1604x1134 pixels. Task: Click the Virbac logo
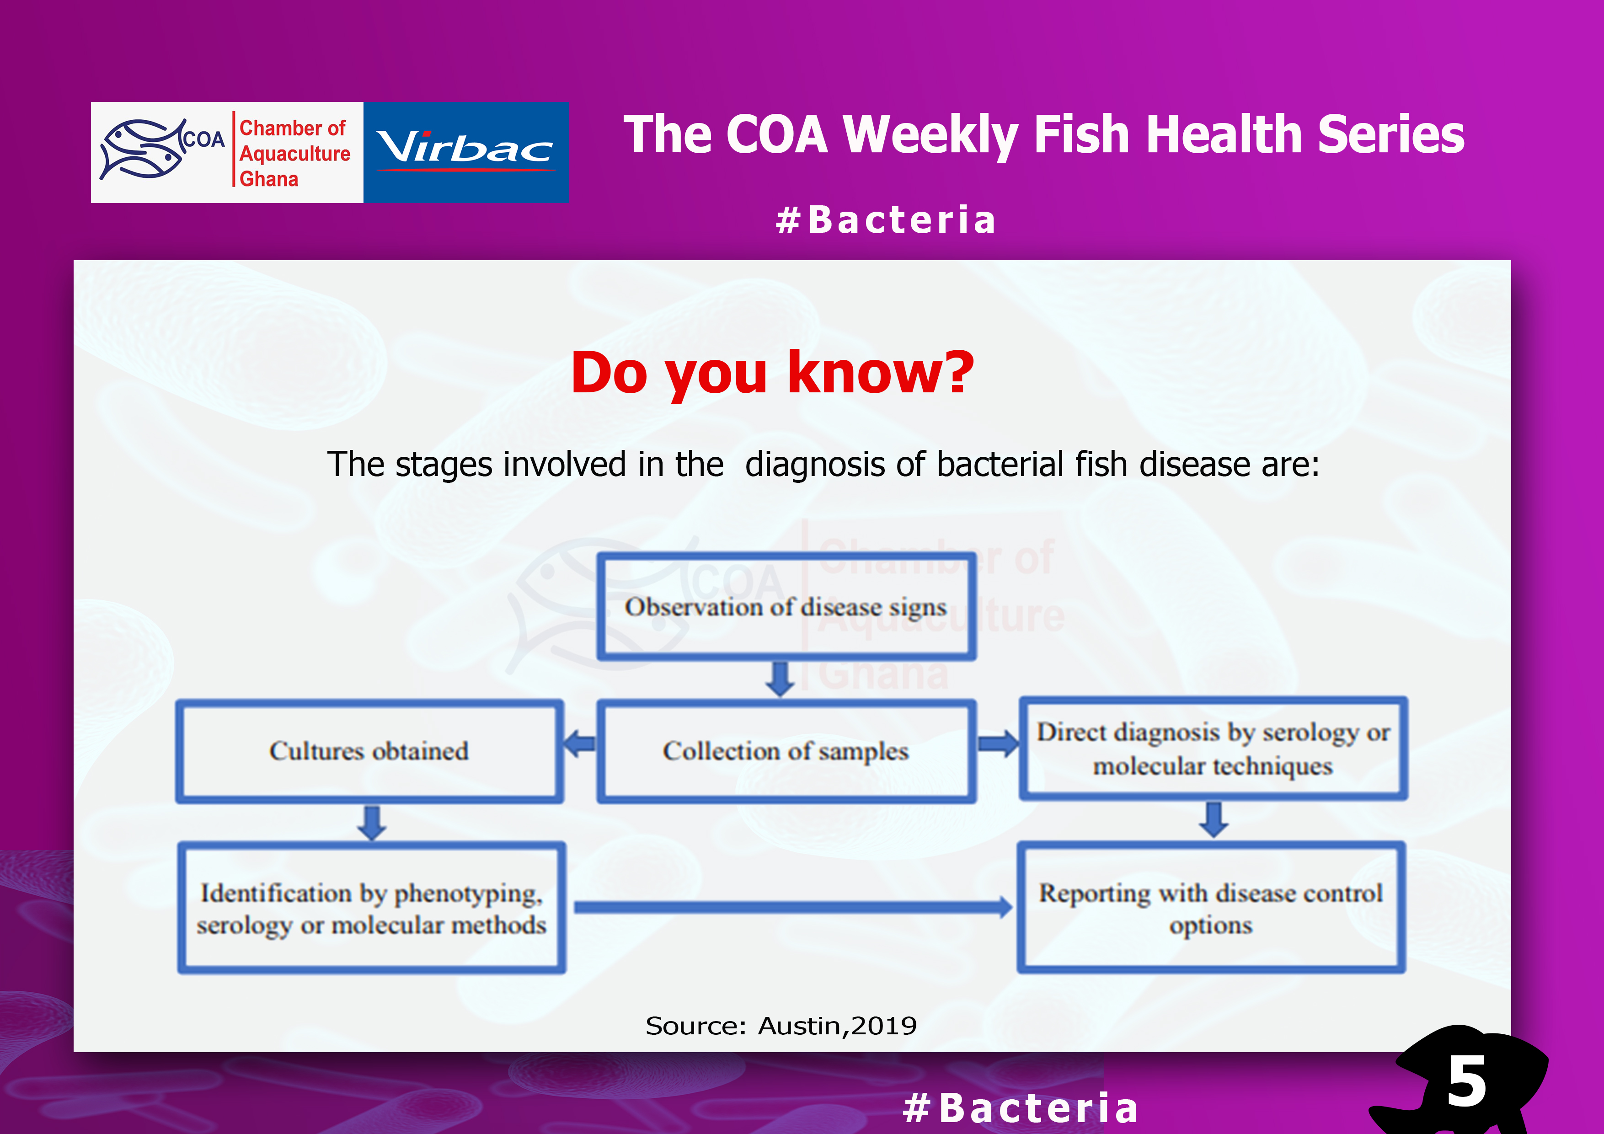point(466,152)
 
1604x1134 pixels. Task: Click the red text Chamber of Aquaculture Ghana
point(294,153)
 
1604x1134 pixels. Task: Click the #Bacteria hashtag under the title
point(885,220)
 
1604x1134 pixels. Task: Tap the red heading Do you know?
point(772,372)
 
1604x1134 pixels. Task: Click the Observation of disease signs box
point(786,606)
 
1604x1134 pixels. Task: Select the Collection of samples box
point(786,751)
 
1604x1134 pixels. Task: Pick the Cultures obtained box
point(369,751)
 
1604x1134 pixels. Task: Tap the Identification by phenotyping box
point(372,908)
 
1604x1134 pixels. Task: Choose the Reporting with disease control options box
point(1211,908)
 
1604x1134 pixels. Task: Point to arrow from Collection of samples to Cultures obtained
point(580,744)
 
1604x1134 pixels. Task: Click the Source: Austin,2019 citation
point(781,1026)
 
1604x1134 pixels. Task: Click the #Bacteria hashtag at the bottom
point(1021,1108)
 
